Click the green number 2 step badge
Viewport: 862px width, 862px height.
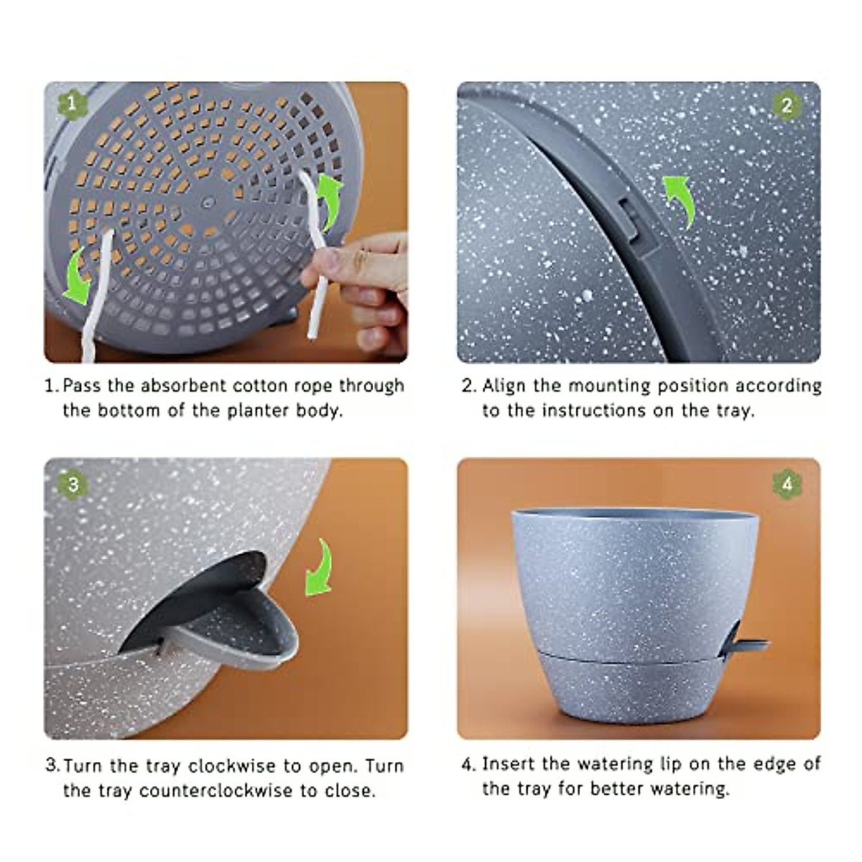click(787, 106)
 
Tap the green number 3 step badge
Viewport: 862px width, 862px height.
click(73, 485)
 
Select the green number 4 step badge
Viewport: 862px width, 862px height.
click(787, 485)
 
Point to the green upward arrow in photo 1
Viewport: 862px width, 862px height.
click(330, 200)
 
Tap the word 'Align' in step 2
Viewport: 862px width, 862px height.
click(505, 386)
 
